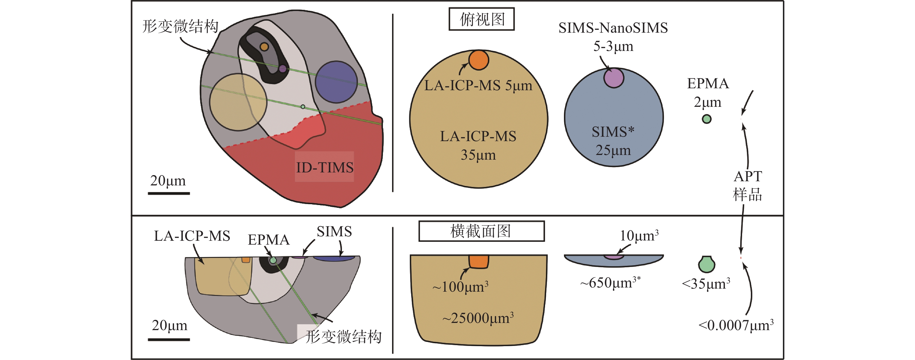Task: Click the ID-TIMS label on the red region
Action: (324, 167)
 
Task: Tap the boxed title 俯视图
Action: (482, 19)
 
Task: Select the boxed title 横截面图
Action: (481, 231)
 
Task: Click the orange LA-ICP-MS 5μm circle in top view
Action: (478, 60)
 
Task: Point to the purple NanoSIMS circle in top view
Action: (613, 78)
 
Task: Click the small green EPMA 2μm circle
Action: (706, 119)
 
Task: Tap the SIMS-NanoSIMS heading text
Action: (613, 28)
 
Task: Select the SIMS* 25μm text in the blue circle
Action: (613, 141)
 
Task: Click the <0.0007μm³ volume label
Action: (736, 325)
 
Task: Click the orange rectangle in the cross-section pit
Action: (478, 261)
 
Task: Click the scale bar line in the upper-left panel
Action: (169, 193)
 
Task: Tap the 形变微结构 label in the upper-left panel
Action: (180, 26)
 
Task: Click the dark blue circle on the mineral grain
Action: (336, 82)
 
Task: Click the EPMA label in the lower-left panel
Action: (269, 240)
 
